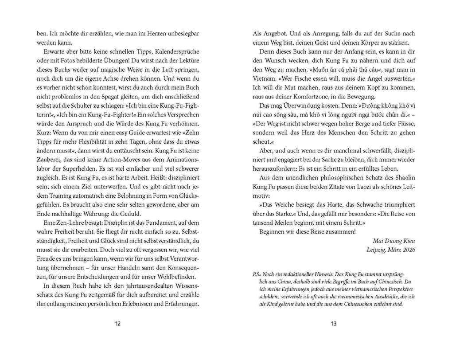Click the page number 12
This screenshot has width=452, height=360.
pos(117,323)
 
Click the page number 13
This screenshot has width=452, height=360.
pos(334,323)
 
